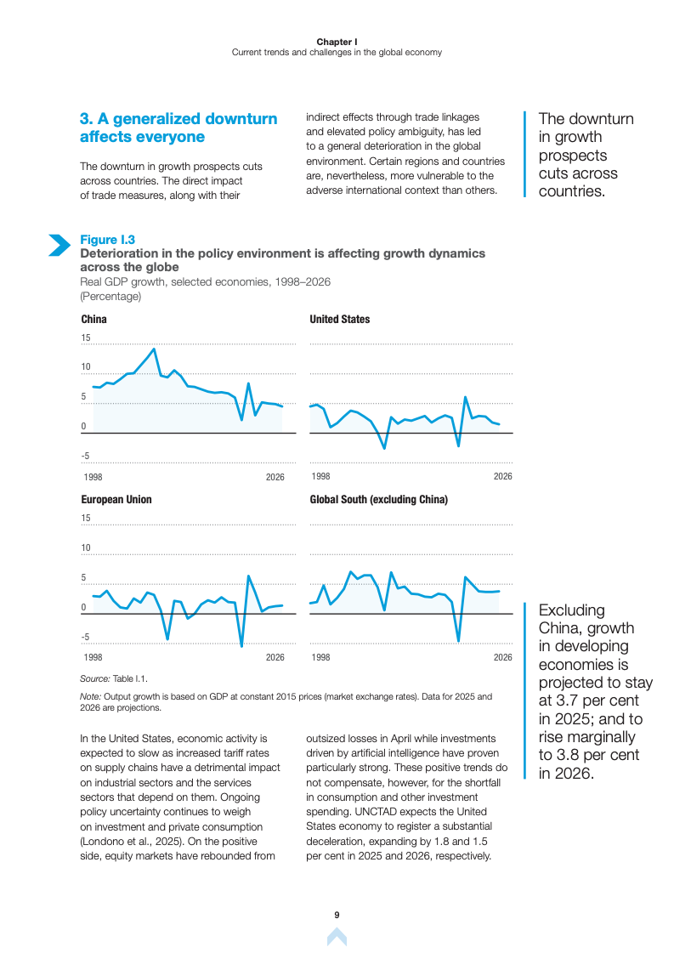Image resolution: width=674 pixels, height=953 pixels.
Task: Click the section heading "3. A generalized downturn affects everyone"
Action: [x=178, y=128]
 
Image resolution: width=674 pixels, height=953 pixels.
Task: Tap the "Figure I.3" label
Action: [x=107, y=240]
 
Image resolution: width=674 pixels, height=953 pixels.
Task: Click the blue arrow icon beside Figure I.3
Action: [x=59, y=245]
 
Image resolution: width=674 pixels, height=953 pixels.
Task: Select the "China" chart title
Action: [x=93, y=320]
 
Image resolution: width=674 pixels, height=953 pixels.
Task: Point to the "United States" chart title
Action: [x=339, y=320]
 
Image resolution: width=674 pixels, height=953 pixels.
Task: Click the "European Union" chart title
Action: [x=116, y=500]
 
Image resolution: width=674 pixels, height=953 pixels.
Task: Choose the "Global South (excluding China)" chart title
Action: [x=378, y=500]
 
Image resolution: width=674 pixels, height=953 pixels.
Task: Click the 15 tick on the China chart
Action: [x=85, y=338]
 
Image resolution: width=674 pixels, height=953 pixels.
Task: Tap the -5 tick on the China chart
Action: [x=85, y=457]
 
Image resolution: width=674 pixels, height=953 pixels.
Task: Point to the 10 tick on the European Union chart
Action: [x=85, y=548]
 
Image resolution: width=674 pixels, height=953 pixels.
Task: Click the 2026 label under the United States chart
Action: [x=502, y=477]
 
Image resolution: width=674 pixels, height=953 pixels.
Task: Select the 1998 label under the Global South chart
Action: [x=320, y=657]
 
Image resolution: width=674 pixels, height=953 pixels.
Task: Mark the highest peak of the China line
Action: [x=154, y=349]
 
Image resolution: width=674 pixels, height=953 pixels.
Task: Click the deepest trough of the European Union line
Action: [x=242, y=646]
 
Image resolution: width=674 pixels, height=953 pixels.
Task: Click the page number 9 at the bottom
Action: [x=337, y=915]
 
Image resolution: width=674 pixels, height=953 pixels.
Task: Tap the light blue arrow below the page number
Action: [x=337, y=937]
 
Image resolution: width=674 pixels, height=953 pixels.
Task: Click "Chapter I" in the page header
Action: [x=337, y=42]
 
